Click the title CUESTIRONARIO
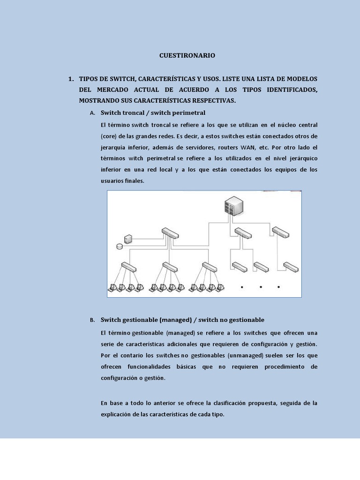(x=187, y=55)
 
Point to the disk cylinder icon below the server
(x=120, y=247)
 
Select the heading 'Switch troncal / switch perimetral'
(x=153, y=113)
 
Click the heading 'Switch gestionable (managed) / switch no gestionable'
(x=182, y=320)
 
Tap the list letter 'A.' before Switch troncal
(x=92, y=113)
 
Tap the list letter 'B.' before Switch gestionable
(x=92, y=320)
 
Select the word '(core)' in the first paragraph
(x=108, y=136)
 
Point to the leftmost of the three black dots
(x=242, y=287)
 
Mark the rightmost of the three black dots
(x=279, y=287)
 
